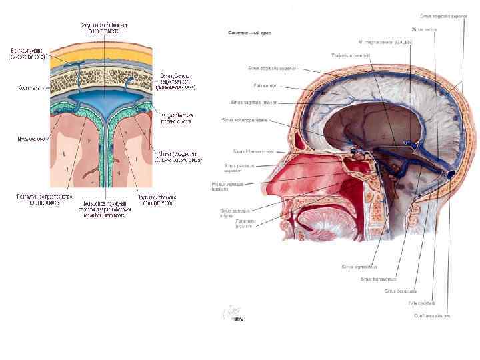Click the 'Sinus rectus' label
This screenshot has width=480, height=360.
pos(424,29)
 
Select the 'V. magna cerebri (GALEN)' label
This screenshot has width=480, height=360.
pos(385,42)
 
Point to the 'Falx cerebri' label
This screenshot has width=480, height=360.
pos(265,85)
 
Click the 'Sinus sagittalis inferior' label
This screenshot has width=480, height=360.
pos(253,103)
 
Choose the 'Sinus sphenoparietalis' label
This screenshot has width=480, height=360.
pos(245,120)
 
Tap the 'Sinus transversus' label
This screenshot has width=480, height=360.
pos(378,279)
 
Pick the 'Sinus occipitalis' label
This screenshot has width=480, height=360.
pos(401,291)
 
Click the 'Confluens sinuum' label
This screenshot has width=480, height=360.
pos(432,315)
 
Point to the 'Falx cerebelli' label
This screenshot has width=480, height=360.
pos(421,303)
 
